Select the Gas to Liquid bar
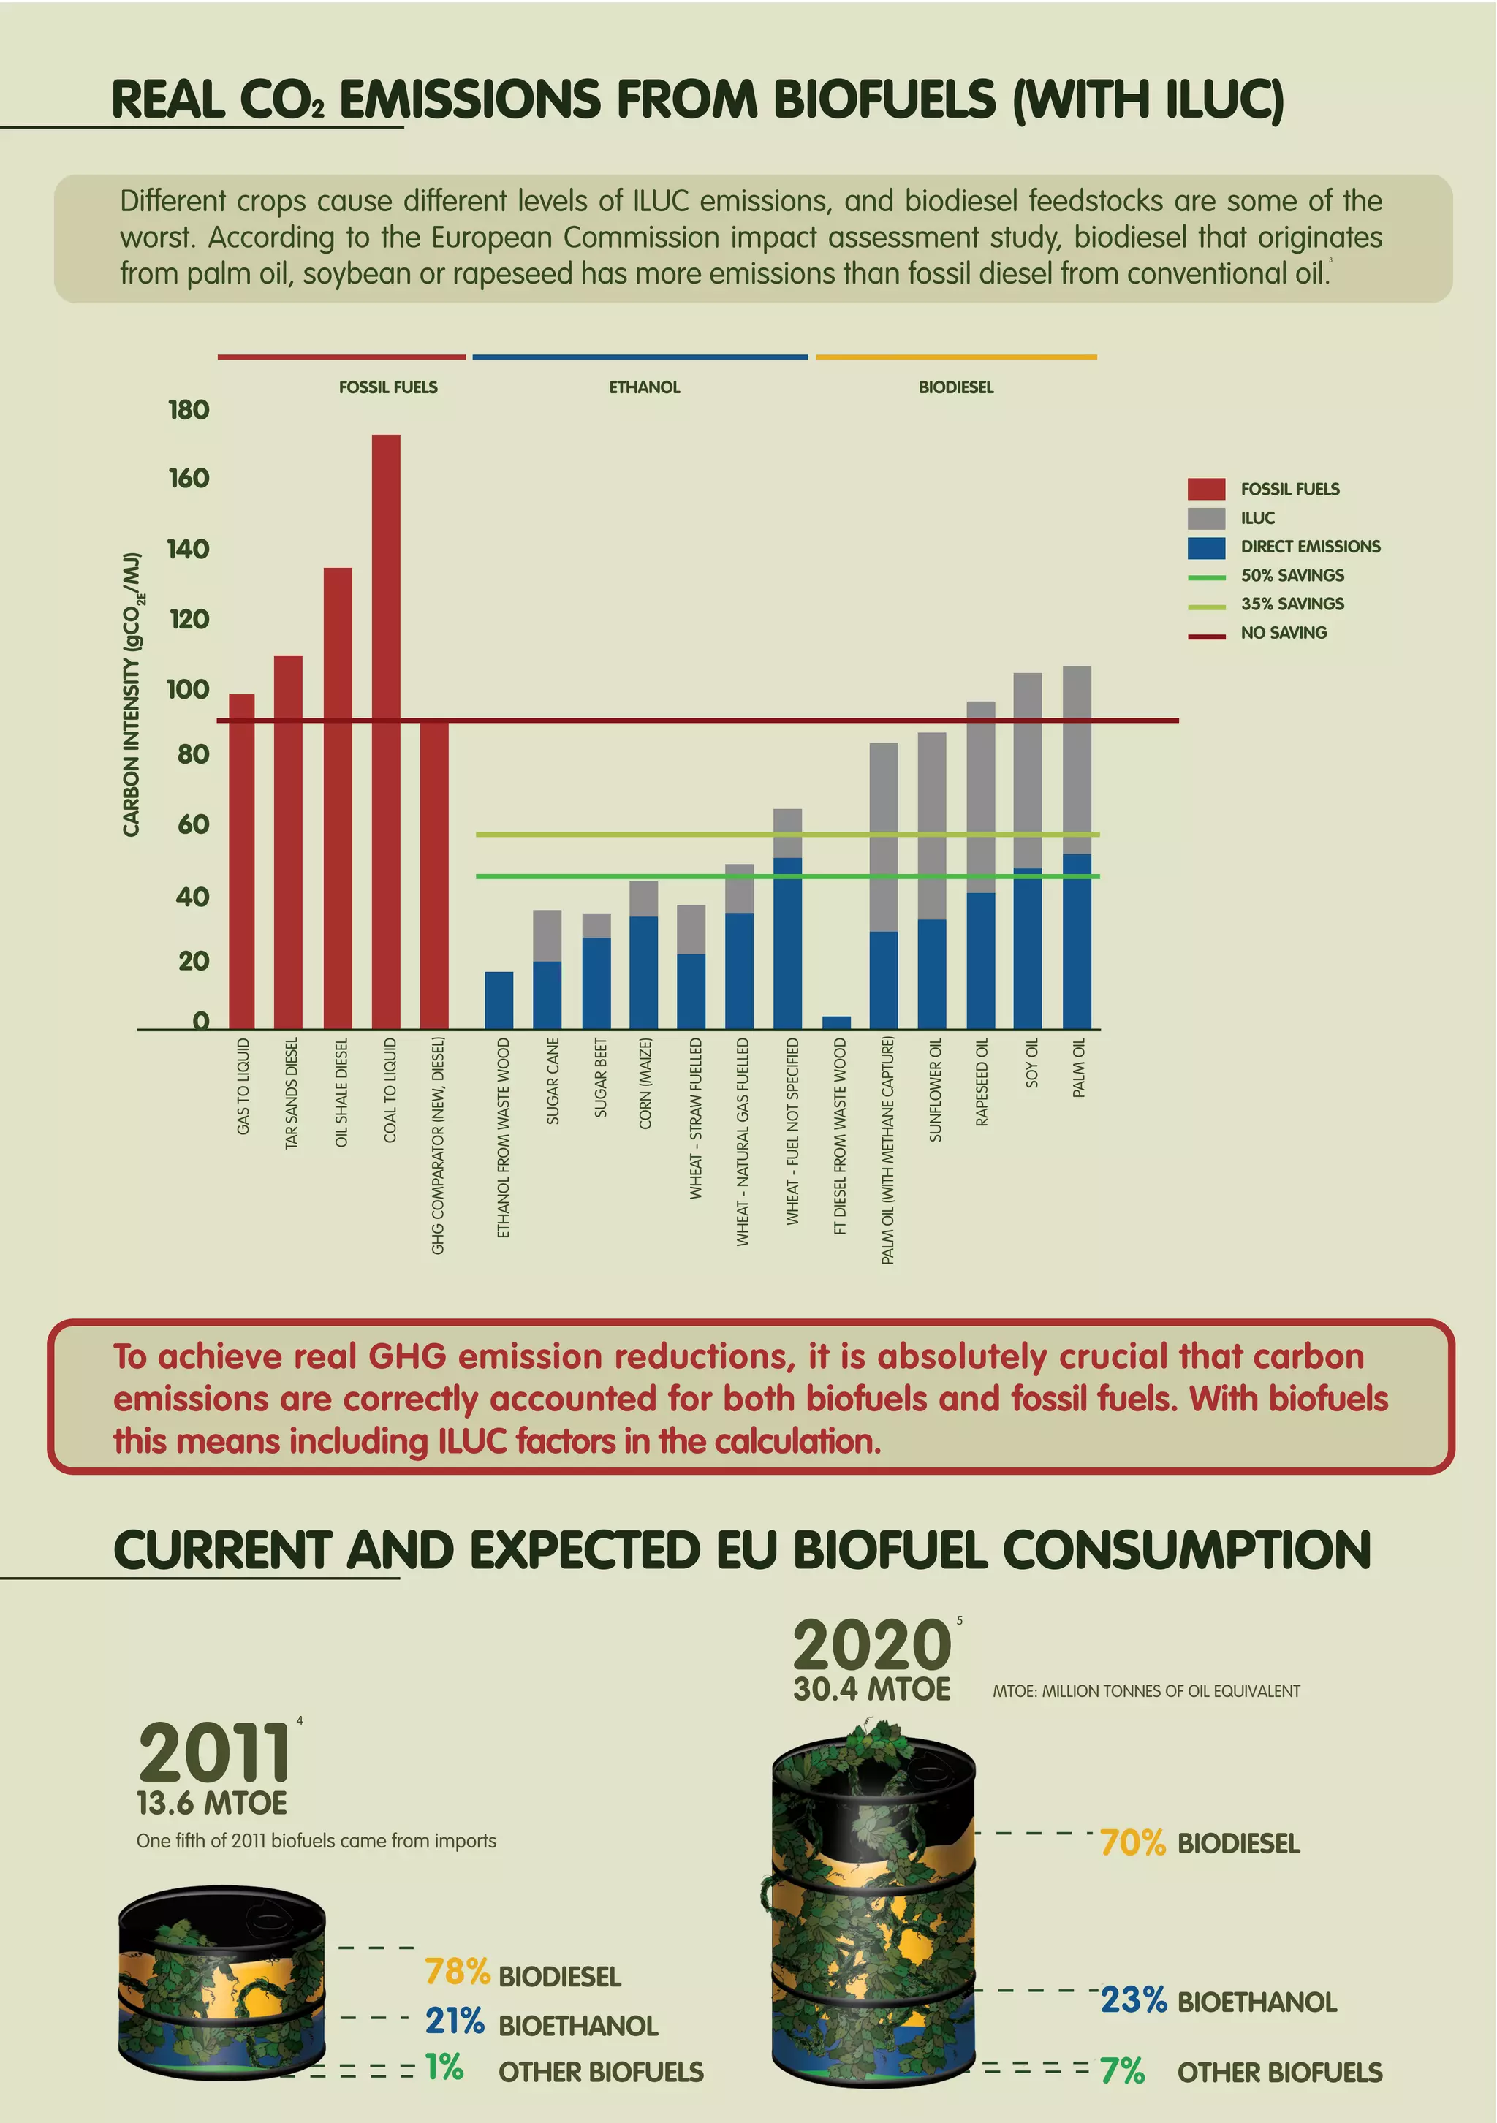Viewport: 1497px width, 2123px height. click(x=241, y=860)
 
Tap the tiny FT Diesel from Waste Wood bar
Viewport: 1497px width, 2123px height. click(x=836, y=1022)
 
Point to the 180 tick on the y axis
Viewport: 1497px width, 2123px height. click(x=189, y=410)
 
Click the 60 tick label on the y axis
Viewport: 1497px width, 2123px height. click(x=192, y=824)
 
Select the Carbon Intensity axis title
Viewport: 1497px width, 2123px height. click(x=132, y=695)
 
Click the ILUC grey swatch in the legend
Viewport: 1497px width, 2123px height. click(x=1206, y=518)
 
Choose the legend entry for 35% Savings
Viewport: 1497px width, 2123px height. click(x=1292, y=604)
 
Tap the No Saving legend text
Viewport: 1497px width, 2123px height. click(x=1284, y=632)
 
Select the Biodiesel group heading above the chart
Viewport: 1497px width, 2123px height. click(x=955, y=387)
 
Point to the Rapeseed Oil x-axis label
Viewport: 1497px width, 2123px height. click(x=982, y=1082)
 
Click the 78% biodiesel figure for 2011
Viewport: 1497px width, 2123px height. click(x=457, y=1972)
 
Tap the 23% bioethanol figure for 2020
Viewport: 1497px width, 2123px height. click(x=1133, y=1999)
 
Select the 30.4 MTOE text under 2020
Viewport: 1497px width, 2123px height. click(x=871, y=1690)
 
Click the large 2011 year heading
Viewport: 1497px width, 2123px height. click(x=214, y=1753)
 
